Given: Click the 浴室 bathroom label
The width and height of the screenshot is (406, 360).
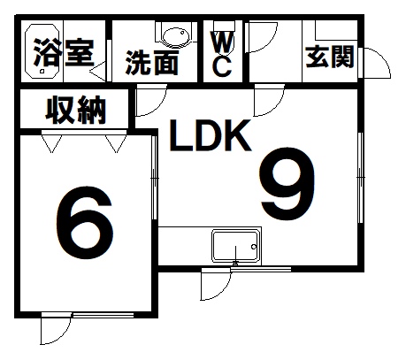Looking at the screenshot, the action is click(64, 53).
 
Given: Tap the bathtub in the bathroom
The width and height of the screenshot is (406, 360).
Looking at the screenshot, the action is click(42, 50).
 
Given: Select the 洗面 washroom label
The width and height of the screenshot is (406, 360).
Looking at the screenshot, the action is click(152, 63).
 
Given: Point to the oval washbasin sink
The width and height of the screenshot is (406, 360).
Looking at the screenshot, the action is click(176, 37).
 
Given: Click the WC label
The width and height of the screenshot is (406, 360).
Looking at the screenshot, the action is click(223, 55).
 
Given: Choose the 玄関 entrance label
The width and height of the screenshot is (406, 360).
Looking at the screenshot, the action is click(330, 57).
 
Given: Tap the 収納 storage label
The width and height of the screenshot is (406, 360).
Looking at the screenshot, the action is click(76, 110).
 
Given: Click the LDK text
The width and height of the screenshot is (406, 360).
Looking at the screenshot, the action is click(211, 135).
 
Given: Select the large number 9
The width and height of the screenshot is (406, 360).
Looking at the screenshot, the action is click(287, 183).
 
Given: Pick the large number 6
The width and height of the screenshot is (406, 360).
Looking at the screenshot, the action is click(85, 223).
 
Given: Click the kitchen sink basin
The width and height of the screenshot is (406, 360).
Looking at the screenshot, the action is click(235, 247).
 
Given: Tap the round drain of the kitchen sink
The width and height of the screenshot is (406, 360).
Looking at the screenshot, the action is click(254, 247).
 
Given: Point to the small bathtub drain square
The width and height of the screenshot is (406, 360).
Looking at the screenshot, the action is click(42, 71).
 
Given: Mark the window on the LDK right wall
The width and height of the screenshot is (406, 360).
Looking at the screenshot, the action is click(360, 178).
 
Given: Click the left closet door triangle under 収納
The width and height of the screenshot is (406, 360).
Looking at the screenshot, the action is click(52, 143).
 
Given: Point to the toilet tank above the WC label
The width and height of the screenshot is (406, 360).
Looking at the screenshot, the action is click(224, 26).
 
